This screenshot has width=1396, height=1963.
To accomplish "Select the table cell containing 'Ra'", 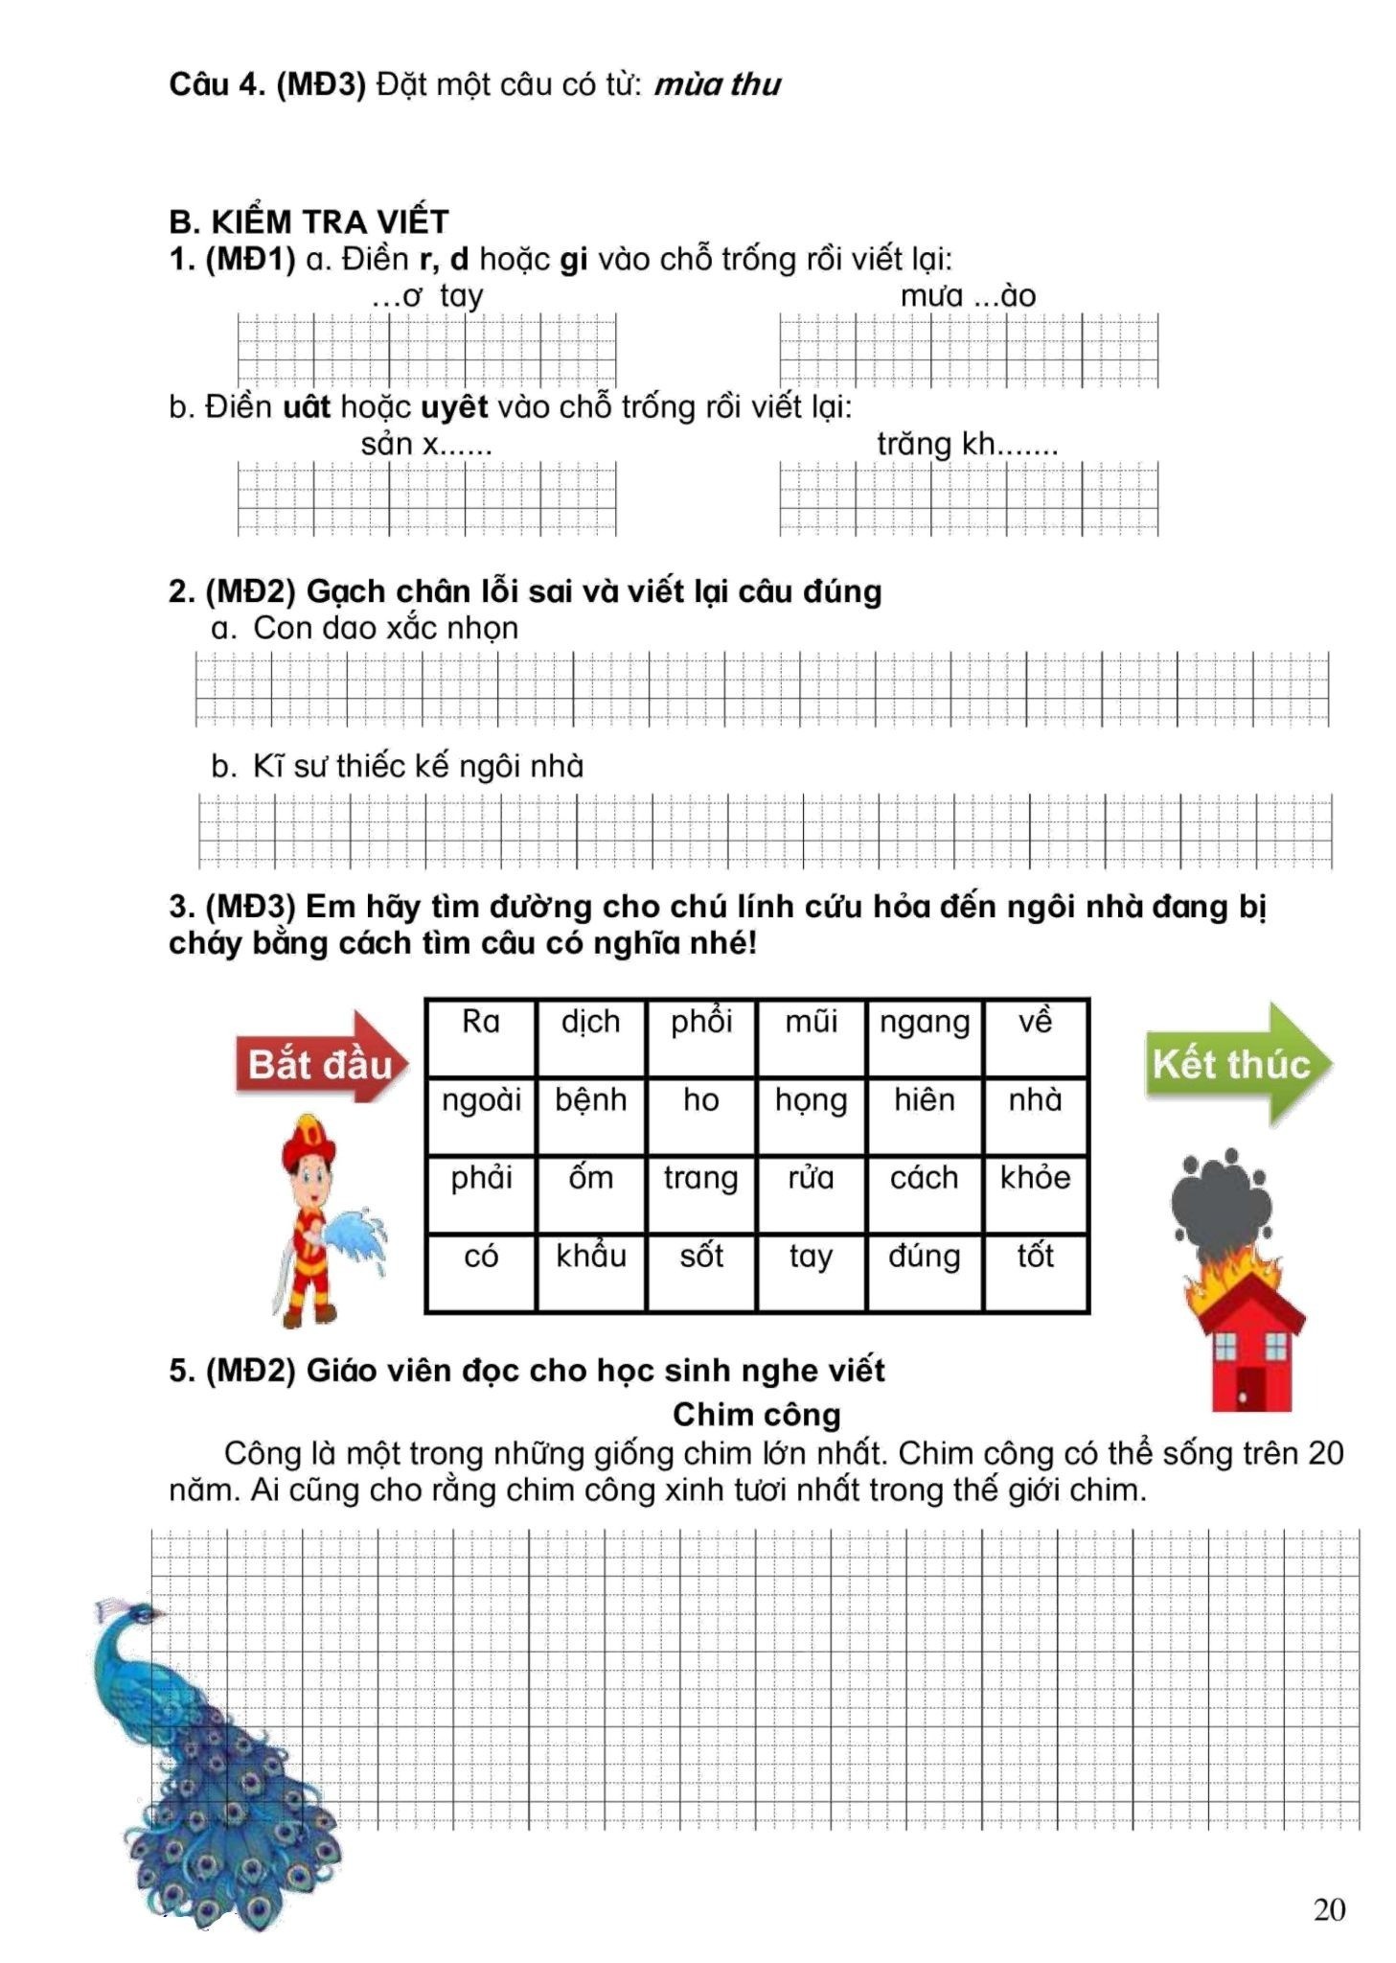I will pos(480,1036).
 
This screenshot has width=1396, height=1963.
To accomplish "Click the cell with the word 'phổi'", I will pos(700,1036).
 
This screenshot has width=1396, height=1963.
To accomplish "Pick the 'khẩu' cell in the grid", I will pos(590,1271).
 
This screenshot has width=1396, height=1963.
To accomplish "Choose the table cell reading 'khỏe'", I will pos(1035,1192).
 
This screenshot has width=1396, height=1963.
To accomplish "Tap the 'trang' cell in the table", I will pos(700,1192).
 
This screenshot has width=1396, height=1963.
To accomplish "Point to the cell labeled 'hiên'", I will pos(924,1115).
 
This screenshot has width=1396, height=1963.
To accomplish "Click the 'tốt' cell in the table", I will pos(1035,1271).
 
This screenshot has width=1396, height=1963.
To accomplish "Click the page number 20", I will pos(1329,1909).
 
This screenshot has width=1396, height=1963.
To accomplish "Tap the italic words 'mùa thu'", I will pos(717,84).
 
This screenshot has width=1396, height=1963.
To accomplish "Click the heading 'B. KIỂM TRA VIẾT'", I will pos(309,221).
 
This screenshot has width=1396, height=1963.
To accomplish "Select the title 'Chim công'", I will pos(756,1414).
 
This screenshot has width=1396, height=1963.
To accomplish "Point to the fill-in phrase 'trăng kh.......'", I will pos(967,444).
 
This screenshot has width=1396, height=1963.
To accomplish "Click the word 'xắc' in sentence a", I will pos(411,628).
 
